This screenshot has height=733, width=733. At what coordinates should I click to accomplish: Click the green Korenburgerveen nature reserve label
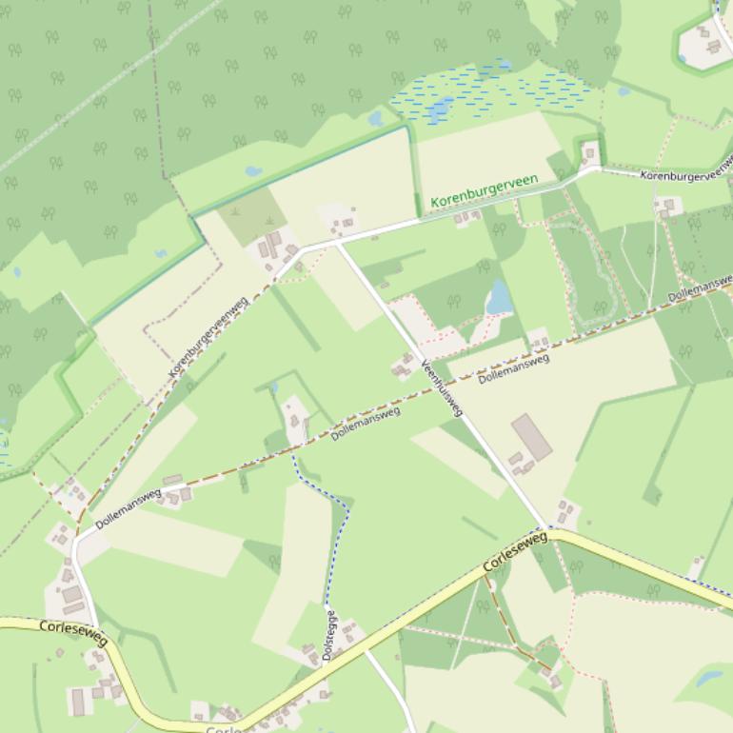[484, 190]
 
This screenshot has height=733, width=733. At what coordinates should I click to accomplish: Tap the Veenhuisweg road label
[443, 387]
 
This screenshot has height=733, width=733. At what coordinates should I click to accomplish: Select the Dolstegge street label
[330, 635]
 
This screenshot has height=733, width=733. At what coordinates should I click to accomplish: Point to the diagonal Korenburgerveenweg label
[208, 337]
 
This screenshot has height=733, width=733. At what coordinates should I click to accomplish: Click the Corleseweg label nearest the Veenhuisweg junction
[515, 552]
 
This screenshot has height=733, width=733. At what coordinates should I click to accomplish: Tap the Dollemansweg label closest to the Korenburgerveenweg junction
[129, 508]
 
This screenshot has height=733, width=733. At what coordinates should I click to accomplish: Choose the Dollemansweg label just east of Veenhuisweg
[514, 368]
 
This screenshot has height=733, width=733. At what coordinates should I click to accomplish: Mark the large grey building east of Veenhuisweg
[531, 436]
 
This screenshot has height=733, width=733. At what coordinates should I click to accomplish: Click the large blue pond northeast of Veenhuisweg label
[498, 298]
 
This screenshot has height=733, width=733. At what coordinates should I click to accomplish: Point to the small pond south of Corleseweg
[710, 678]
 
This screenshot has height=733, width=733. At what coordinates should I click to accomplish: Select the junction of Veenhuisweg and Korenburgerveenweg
[337, 242]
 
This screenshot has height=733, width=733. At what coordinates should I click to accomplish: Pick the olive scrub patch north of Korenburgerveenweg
[251, 216]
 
